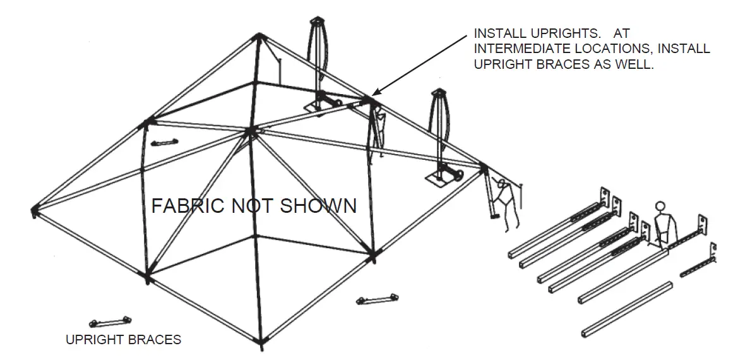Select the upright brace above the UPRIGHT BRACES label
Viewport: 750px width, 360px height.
click(110, 321)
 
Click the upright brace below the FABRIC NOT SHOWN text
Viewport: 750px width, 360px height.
click(378, 299)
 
